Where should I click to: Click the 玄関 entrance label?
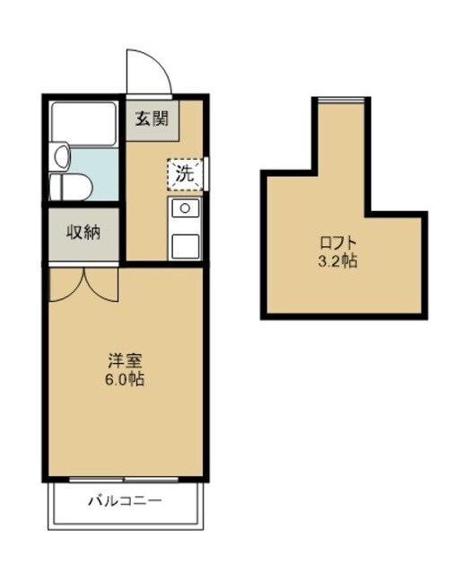pyautogui.click(x=152, y=119)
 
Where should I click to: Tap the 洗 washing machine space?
pyautogui.click(x=185, y=174)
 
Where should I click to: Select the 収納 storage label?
pyautogui.click(x=83, y=232)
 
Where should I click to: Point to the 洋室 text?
pyautogui.click(x=125, y=360)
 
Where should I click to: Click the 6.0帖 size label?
pyautogui.click(x=125, y=379)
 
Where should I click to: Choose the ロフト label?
pyautogui.click(x=337, y=243)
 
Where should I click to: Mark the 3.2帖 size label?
pyautogui.click(x=337, y=261)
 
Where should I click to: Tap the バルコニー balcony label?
pyautogui.click(x=125, y=500)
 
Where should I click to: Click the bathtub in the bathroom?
pyautogui.click(x=83, y=124)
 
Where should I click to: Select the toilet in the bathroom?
pyautogui.click(x=71, y=187)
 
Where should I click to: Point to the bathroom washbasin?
pyautogui.click(x=62, y=157)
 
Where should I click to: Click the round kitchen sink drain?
pyautogui.click(x=185, y=208)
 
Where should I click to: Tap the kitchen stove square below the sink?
pyautogui.click(x=185, y=246)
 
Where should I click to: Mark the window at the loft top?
pyautogui.click(x=341, y=100)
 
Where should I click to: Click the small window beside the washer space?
pyautogui.click(x=206, y=173)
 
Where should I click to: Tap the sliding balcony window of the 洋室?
pyautogui.click(x=124, y=479)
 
